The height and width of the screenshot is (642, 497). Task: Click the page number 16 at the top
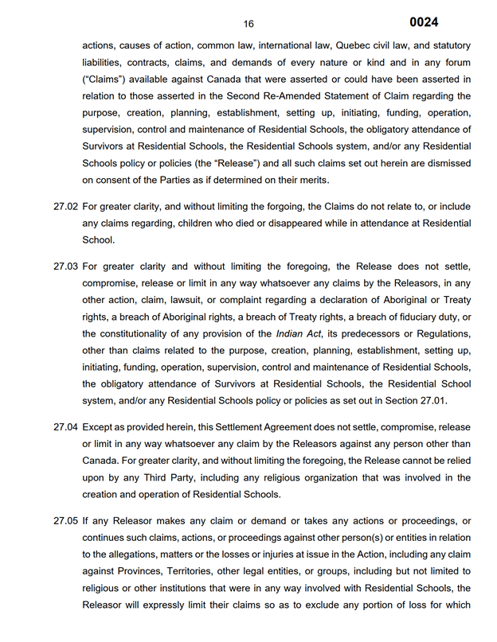click(248, 24)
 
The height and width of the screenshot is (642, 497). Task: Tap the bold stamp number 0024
click(424, 22)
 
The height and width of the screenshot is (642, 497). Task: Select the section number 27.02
click(65, 207)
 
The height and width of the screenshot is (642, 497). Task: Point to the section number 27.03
click(65, 267)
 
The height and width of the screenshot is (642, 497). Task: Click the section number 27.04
click(65, 426)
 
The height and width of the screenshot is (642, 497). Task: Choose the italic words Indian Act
click(296, 333)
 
